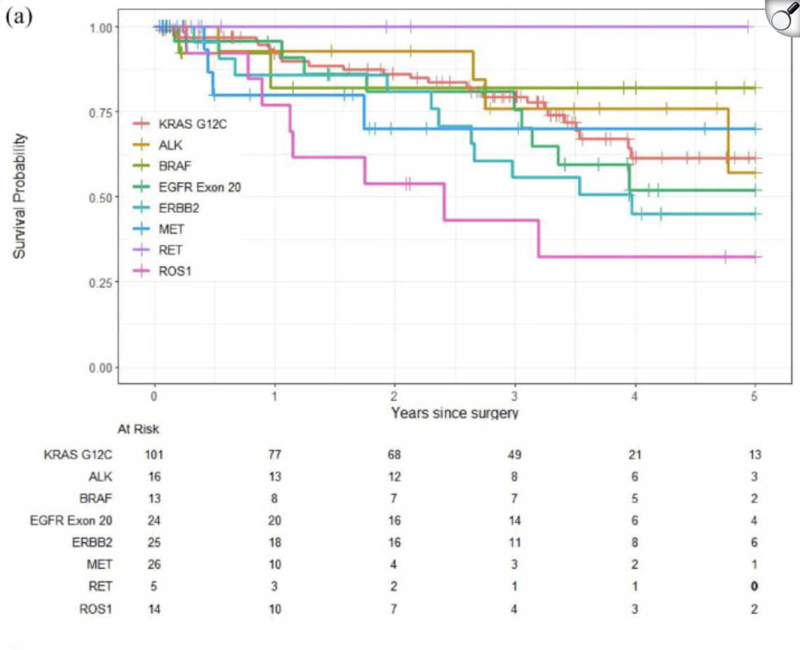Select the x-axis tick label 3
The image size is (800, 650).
pos(515,395)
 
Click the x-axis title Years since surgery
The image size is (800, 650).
pos(455,413)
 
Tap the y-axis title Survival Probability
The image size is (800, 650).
pos(20,195)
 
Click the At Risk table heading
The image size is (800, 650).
pos(138,429)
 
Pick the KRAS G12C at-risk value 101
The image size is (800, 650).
pos(154,455)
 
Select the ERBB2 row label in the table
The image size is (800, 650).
pos(93,542)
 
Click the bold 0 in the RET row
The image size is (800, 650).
pos(754,586)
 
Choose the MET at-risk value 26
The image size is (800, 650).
pos(154,564)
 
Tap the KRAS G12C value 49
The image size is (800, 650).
pos(515,455)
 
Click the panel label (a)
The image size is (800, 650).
pos(19,18)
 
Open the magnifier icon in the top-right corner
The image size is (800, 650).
pos(782,18)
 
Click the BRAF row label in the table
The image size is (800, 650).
pos(97,499)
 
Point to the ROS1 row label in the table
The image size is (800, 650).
pos(96,609)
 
